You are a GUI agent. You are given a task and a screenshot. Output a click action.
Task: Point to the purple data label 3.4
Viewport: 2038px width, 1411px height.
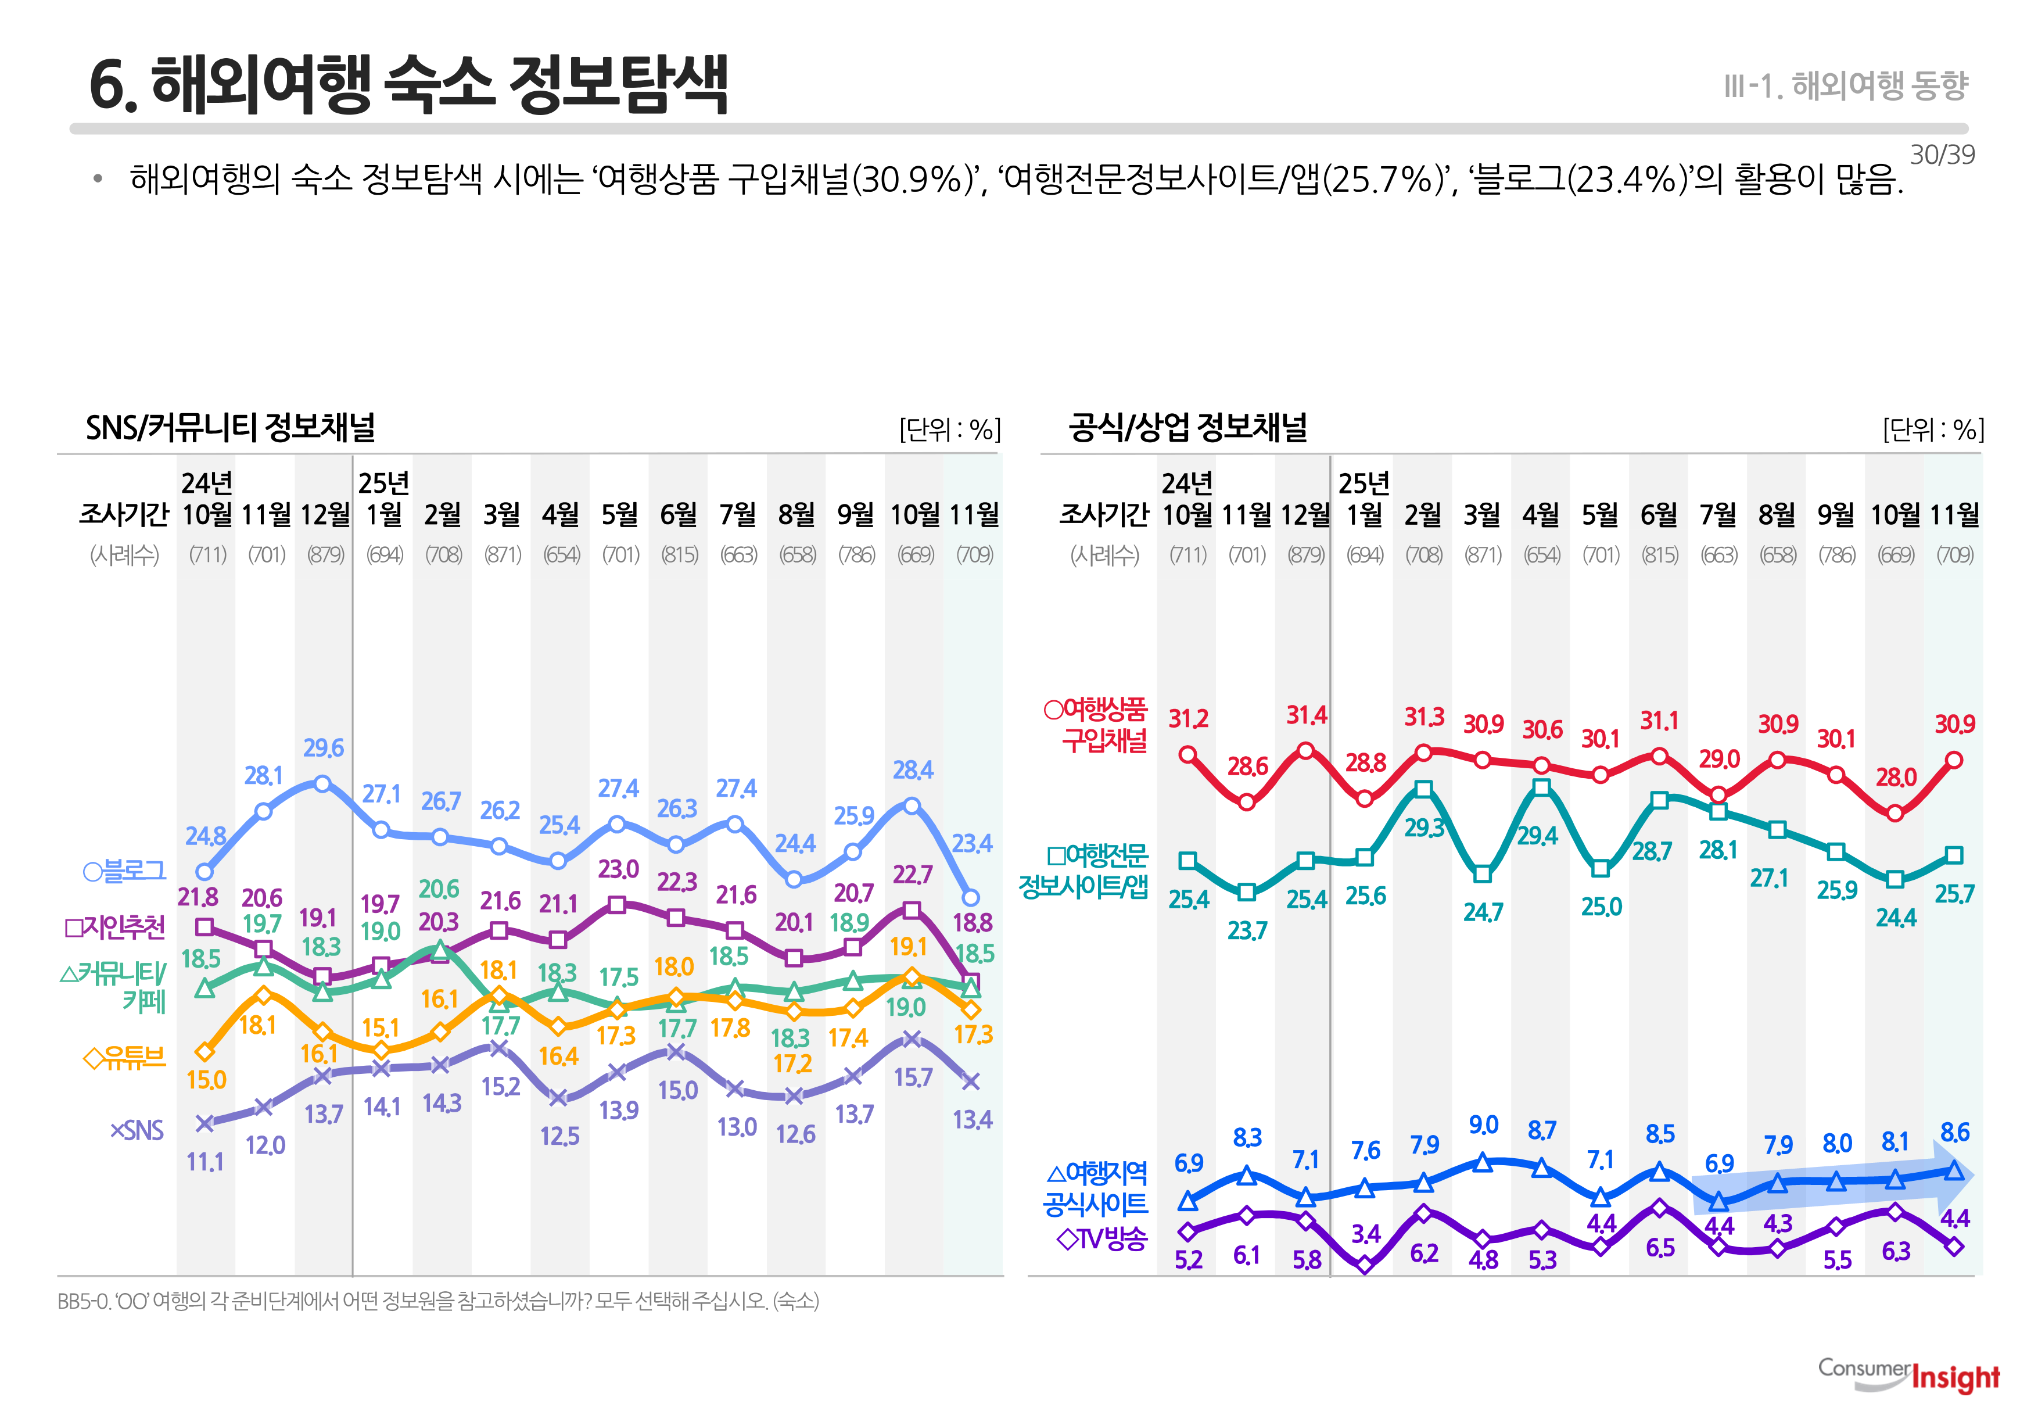point(1365,1233)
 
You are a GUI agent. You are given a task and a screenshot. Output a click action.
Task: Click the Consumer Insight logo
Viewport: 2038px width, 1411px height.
point(1909,1375)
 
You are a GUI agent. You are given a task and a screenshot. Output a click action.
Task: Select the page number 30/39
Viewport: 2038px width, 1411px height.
point(1942,155)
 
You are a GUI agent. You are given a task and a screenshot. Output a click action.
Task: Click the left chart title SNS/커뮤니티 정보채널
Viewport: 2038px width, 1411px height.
point(231,428)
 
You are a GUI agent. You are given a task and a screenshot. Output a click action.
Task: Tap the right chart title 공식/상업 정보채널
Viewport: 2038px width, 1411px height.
point(1187,428)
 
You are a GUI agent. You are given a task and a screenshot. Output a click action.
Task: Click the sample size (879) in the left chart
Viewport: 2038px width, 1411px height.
point(325,555)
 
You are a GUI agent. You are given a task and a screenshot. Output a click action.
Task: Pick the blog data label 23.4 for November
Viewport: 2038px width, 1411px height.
point(972,843)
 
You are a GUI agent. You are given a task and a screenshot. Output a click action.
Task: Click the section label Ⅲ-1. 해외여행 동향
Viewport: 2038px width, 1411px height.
point(1845,86)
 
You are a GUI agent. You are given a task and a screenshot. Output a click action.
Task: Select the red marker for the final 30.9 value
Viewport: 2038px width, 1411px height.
point(1954,760)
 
